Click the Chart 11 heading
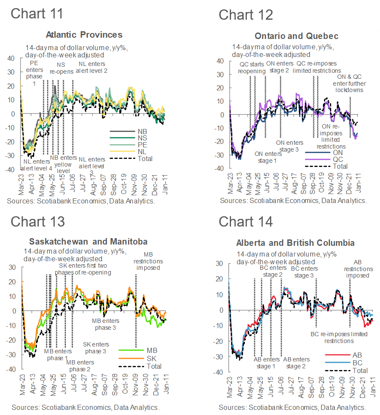37,13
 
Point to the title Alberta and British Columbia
295,243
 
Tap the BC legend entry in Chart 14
356,362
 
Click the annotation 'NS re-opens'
62,69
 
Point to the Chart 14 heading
246,221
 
